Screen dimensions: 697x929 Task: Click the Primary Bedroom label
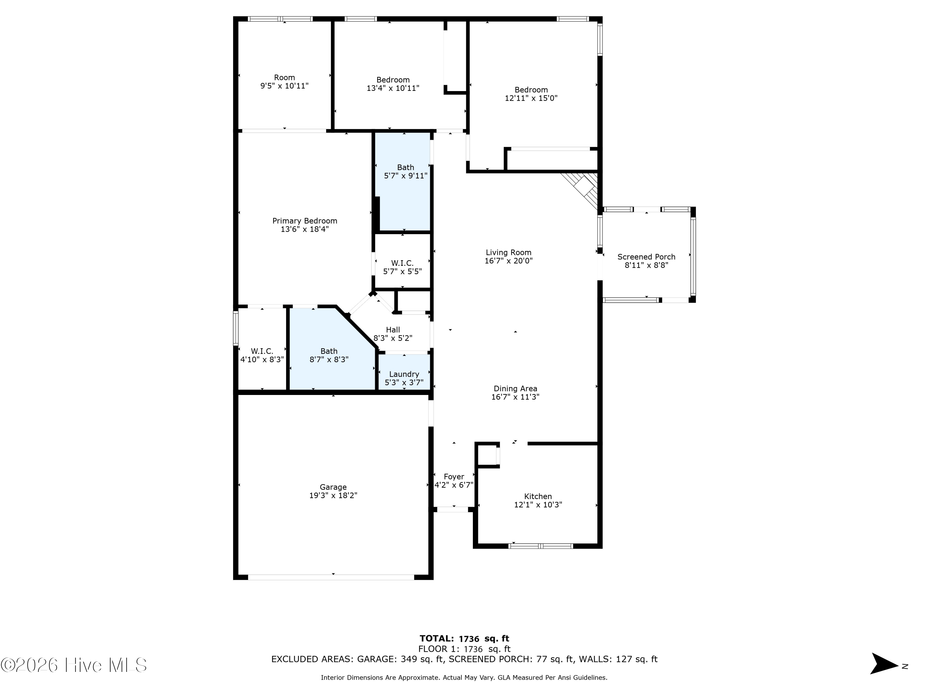(304, 221)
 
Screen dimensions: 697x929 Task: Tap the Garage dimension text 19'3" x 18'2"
(333, 496)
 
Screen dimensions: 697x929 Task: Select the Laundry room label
(404, 374)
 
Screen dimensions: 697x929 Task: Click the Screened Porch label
(646, 257)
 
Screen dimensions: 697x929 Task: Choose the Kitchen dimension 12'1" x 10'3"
(538, 505)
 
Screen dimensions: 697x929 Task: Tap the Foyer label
(454, 477)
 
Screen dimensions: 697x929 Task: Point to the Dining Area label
(515, 389)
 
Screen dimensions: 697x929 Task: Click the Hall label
(393, 330)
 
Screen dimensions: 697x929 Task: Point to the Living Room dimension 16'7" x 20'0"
(508, 261)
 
